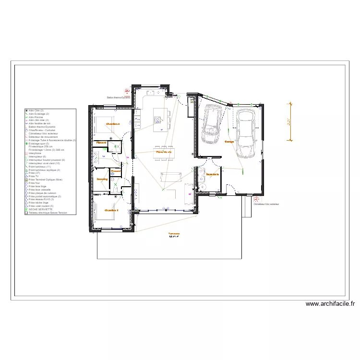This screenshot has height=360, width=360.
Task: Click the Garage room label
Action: pos(229,142)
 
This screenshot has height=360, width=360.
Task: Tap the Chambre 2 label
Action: pos(112,124)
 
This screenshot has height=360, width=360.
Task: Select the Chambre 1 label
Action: pos(111,210)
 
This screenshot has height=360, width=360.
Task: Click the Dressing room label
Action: pos(102,179)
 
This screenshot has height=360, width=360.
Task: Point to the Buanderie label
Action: pos(213,174)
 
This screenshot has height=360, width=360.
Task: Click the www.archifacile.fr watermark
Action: pos(330,304)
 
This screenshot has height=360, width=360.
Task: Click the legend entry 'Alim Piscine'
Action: pos(36,117)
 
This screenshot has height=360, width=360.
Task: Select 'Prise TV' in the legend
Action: pos(34,176)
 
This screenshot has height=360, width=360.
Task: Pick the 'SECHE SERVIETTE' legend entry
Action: pos(41,209)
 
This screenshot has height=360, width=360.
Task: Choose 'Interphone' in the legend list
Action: pos(36,153)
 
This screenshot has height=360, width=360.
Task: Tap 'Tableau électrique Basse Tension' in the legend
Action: pos(48,213)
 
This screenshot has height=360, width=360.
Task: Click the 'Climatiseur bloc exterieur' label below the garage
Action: pos(266,204)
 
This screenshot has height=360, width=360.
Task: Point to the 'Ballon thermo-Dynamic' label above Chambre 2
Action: pos(119,97)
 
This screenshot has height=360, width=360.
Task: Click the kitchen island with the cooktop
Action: pos(160,118)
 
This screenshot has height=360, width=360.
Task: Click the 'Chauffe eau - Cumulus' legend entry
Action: pos(41,130)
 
